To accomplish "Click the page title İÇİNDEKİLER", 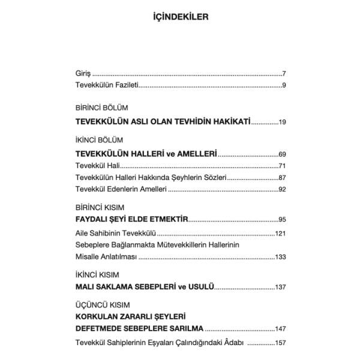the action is [x=180, y=17].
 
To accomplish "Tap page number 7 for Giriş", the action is [x=283, y=74].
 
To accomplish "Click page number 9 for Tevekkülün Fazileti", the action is [x=283, y=86].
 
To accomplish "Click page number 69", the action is [x=281, y=153].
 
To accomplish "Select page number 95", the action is [x=281, y=220].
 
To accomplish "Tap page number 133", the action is [x=280, y=257].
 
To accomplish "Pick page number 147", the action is [x=280, y=329].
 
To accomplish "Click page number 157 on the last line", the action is [x=280, y=343].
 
